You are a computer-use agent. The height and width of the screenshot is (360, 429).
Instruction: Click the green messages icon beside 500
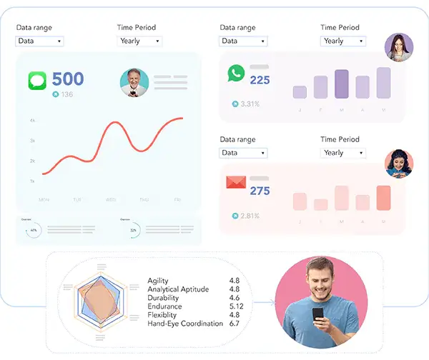pyautogui.click(x=37, y=80)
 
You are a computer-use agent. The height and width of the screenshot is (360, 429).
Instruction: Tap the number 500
pyautogui.click(x=68, y=79)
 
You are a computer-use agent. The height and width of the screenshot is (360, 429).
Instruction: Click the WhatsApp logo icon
pyautogui.click(x=236, y=73)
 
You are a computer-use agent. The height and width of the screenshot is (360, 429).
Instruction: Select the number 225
pyautogui.click(x=260, y=80)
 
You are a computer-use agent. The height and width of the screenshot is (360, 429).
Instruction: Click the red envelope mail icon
pyautogui.click(x=236, y=182)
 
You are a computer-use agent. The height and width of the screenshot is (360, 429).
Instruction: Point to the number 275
pyautogui.click(x=260, y=191)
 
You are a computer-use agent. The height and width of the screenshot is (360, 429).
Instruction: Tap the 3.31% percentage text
pyautogui.click(x=250, y=104)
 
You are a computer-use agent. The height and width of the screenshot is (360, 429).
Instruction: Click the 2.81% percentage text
pyautogui.click(x=250, y=215)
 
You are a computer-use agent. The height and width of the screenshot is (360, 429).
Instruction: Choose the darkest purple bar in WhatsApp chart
pyautogui.click(x=342, y=84)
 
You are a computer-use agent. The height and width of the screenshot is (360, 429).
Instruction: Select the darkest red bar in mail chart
pyautogui.click(x=384, y=198)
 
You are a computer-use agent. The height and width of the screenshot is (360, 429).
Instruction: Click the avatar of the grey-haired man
pyautogui.click(x=134, y=83)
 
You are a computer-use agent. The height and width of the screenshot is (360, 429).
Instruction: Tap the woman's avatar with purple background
pyautogui.click(x=398, y=47)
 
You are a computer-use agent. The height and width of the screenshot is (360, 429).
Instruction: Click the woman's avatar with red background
pyautogui.click(x=398, y=163)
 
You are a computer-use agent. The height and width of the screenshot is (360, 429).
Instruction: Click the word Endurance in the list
pyautogui.click(x=164, y=306)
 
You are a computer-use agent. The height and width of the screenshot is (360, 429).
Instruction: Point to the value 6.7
pyautogui.click(x=235, y=324)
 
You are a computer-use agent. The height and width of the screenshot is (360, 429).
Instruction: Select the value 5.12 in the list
pyautogui.click(x=237, y=306)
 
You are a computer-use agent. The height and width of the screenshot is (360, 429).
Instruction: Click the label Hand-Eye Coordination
pyautogui.click(x=185, y=324)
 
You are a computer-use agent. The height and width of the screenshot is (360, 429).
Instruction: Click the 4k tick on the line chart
pyautogui.click(x=32, y=121)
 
